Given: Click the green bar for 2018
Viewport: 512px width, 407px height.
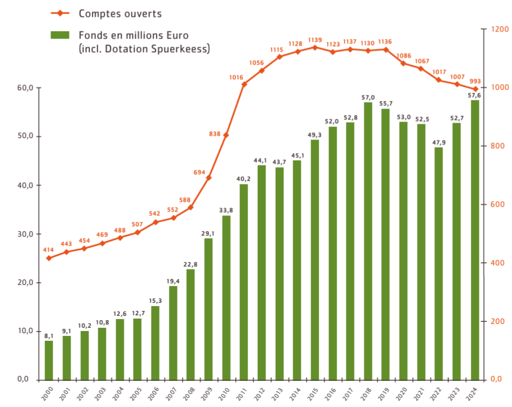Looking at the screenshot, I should point(368,241).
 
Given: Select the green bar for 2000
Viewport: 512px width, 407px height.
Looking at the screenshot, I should point(49,360).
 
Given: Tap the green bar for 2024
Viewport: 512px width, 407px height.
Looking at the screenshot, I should point(475,239).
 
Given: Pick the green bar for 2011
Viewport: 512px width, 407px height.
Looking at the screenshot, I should point(244,282).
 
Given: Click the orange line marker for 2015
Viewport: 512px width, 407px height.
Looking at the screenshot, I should point(315,47).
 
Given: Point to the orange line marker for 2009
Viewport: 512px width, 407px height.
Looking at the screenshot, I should point(208,177).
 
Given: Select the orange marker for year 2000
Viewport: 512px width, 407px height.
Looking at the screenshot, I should point(49,258).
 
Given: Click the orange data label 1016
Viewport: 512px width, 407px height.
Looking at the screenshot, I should point(236,78).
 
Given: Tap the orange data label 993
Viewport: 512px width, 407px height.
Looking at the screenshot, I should point(475,81).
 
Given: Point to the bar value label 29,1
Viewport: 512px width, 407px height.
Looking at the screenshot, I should point(208,233).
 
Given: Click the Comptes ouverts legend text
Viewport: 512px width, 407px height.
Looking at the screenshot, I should point(120,12).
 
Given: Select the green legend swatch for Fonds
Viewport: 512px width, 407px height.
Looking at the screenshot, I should point(60,35).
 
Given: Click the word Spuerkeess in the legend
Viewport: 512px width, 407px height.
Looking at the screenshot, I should point(182,49).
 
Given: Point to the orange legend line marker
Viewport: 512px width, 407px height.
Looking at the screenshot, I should point(60,12).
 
